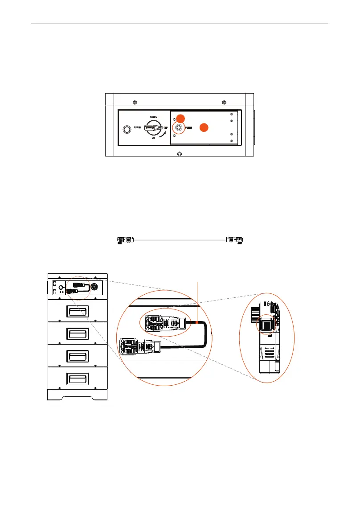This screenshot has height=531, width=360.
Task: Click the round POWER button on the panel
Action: click(x=127, y=130)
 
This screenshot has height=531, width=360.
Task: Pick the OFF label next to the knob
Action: click(x=165, y=128)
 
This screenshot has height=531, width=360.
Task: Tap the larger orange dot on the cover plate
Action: click(x=203, y=127)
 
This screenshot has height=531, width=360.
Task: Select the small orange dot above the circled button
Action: click(x=180, y=118)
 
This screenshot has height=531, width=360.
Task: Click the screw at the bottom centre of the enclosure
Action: click(x=179, y=154)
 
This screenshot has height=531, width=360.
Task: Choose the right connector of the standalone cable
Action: click(x=234, y=240)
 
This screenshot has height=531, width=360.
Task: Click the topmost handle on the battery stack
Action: click(x=78, y=311)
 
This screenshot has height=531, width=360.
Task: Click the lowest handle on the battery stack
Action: click(x=78, y=379)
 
